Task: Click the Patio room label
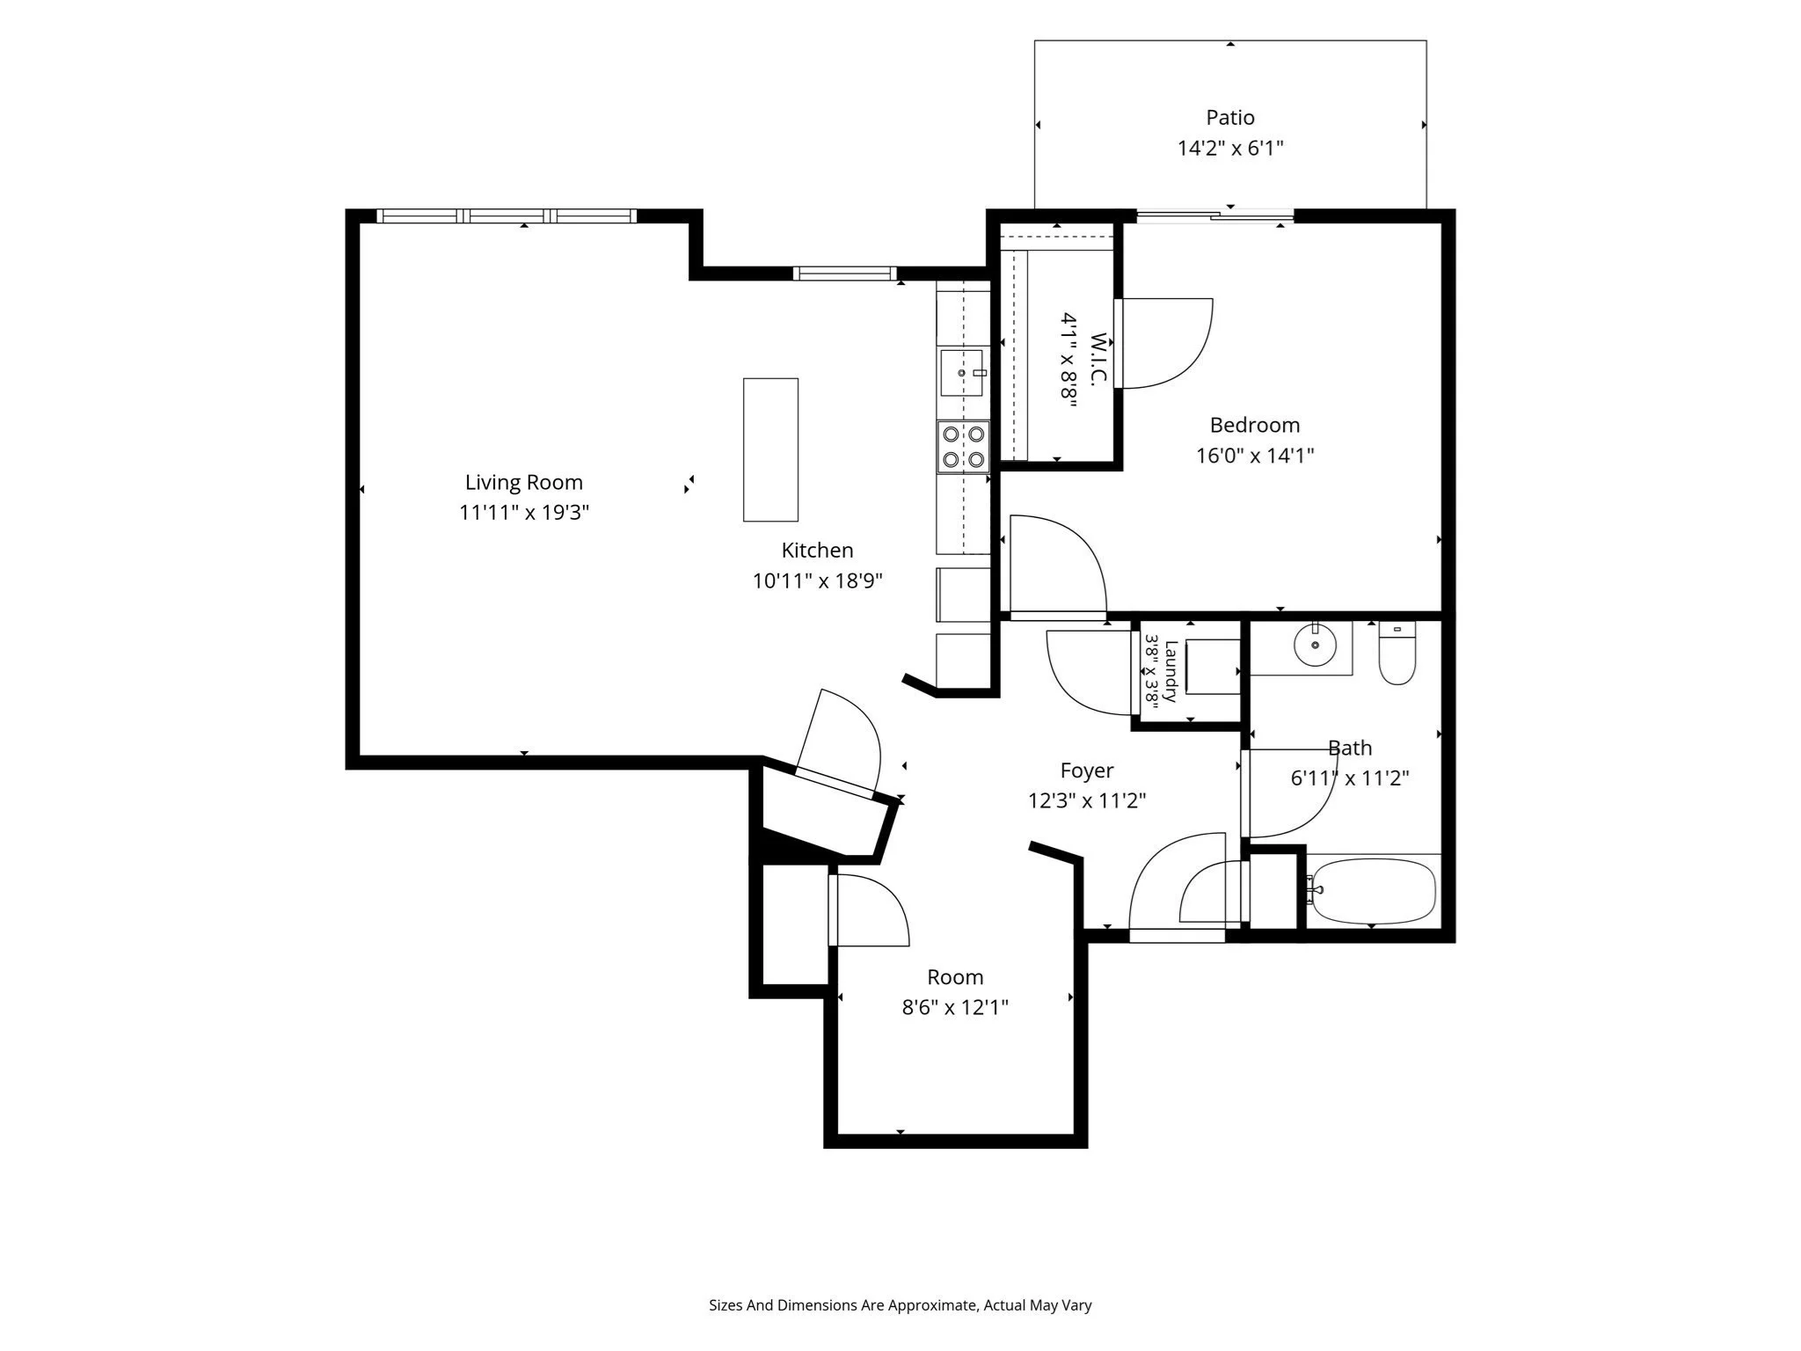[1229, 117]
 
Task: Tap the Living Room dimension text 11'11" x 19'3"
[524, 512]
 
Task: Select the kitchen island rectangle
[770, 449]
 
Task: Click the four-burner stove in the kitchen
[963, 447]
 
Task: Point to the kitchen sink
[962, 373]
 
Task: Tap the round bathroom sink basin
[1315, 646]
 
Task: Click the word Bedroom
[1255, 425]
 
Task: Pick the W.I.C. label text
[1097, 358]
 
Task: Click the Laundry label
[1170, 671]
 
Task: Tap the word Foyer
[1087, 770]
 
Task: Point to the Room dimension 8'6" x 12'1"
[955, 1007]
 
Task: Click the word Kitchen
[817, 551]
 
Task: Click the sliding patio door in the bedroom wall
[1215, 215]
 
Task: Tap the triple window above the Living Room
[506, 215]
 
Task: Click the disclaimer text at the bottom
[900, 1305]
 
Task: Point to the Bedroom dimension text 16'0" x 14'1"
[1255, 456]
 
